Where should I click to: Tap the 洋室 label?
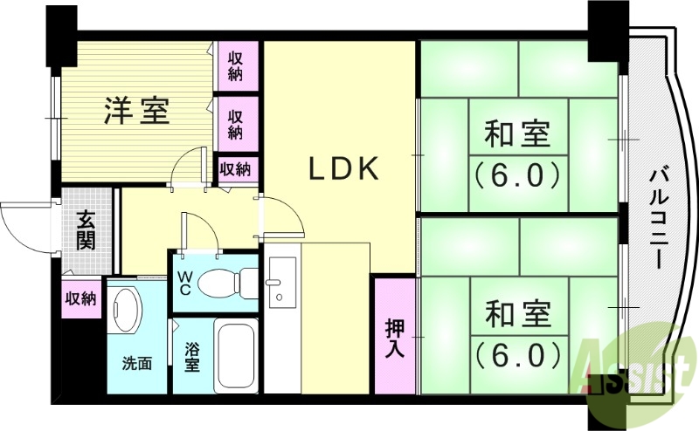point(137,111)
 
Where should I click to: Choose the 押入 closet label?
point(394,335)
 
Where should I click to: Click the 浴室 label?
point(190,356)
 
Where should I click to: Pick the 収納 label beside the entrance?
point(80,298)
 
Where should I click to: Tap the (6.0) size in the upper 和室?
point(517,176)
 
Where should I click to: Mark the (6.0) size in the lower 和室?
point(517,353)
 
